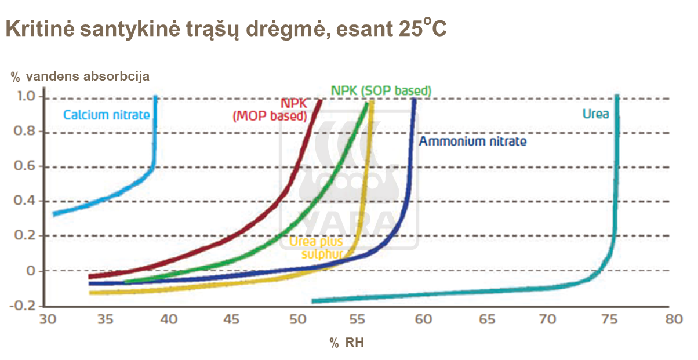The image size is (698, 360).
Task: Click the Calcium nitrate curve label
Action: coord(106,115)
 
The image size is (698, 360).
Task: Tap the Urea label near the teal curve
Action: coord(595,114)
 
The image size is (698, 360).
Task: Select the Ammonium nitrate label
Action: coord(472,141)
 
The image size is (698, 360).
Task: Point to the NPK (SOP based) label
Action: coord(381,90)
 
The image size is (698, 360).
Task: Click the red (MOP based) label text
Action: coord(270,116)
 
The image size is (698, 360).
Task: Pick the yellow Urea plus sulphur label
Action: coord(317,248)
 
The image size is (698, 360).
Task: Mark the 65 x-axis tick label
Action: coord(488,319)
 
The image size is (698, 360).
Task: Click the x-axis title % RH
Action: coord(347,343)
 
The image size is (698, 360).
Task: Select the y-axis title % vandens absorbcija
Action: coord(80,77)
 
